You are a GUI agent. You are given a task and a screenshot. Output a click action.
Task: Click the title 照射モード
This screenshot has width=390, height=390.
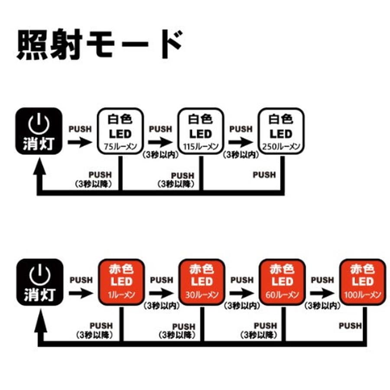pos(99,45)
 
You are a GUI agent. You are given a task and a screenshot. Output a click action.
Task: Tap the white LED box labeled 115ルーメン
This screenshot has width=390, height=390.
pos(201,131)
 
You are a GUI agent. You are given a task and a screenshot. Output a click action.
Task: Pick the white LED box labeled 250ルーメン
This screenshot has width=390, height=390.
pos(281,131)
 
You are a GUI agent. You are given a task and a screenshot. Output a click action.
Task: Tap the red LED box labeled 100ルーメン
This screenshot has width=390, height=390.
pos(362,282)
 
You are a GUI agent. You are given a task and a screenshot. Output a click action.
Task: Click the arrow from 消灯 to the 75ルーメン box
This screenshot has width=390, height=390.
pos(80,142)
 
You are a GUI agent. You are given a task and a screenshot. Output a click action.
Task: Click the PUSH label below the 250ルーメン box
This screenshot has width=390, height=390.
pos(264,175)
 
